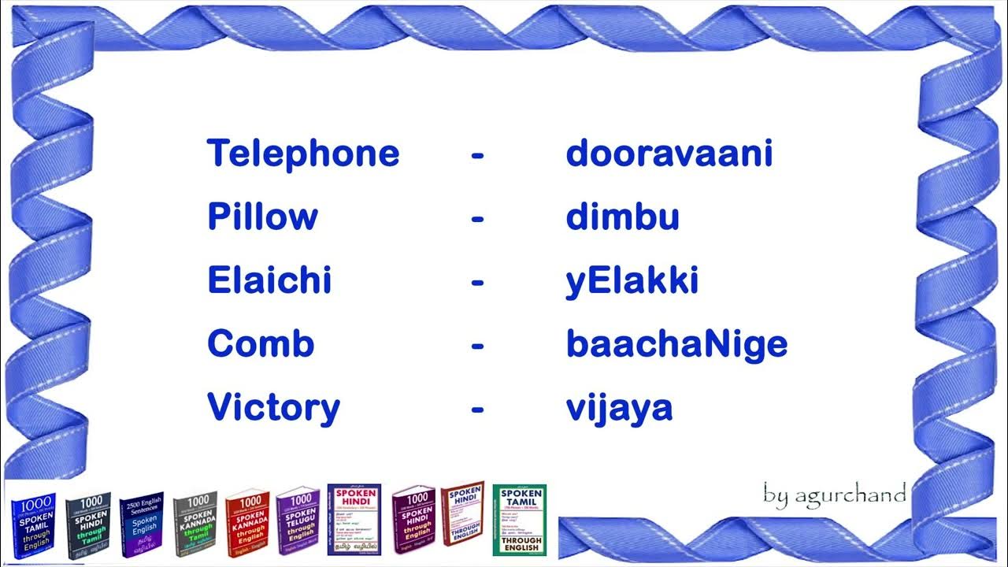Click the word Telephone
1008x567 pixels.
click(x=303, y=154)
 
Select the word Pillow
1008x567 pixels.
click(x=262, y=217)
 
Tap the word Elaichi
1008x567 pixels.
click(x=269, y=280)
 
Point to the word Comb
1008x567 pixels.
click(x=261, y=344)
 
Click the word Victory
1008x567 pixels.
click(x=273, y=408)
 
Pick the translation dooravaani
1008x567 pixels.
click(x=669, y=154)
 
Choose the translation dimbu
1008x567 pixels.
click(x=622, y=217)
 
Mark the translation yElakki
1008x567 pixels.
click(x=632, y=280)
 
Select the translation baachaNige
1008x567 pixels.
click(x=676, y=344)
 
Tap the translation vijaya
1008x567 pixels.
click(x=619, y=408)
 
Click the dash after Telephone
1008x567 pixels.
click(x=477, y=155)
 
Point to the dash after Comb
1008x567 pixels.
click(x=477, y=346)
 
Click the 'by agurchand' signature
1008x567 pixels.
click(x=834, y=494)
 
